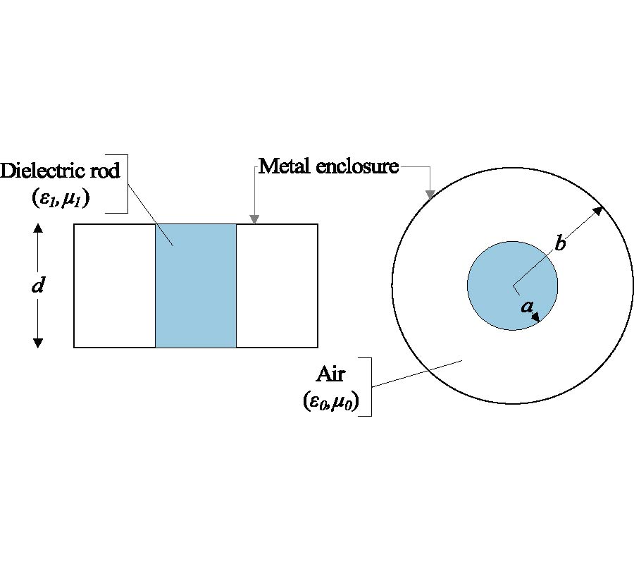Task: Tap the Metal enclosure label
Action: pos(328,166)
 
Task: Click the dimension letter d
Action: pos(39,286)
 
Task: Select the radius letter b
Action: pos(560,244)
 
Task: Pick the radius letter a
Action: pos(526,306)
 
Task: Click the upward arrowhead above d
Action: pos(39,228)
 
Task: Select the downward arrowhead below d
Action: pos(39,343)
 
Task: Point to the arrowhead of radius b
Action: pos(598,209)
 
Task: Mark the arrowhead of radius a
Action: pos(536,318)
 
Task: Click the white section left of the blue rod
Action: pos(114,286)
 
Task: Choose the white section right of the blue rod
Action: pos(277,286)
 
